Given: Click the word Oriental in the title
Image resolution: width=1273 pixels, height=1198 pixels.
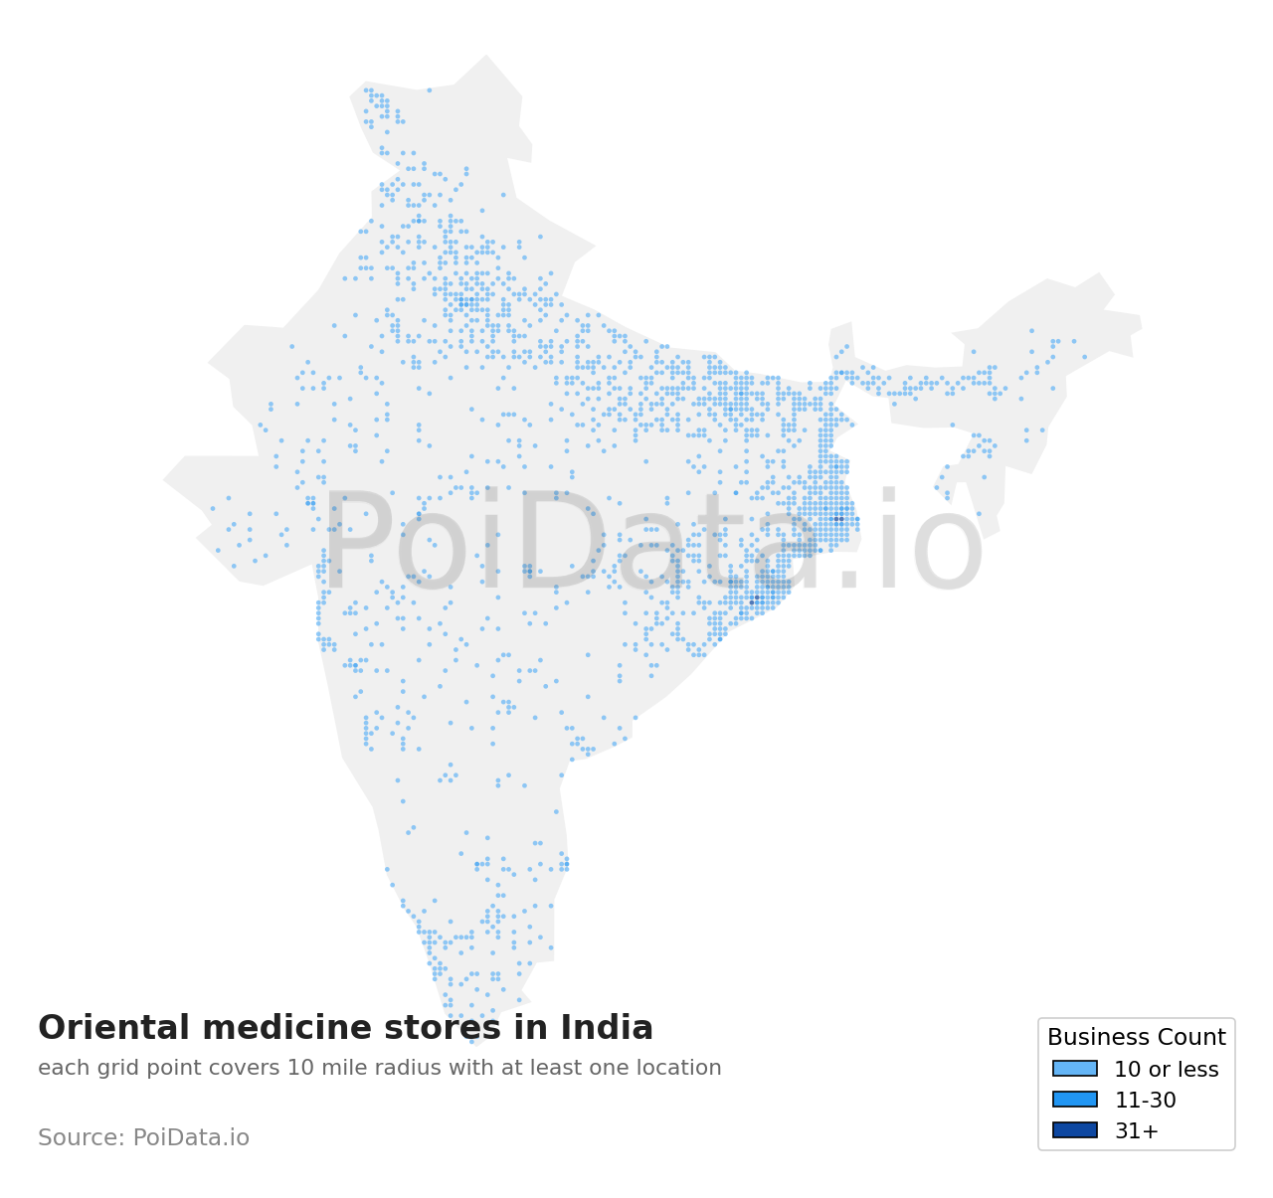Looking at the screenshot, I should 104,1028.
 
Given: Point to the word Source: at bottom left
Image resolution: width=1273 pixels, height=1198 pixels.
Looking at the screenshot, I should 82,1138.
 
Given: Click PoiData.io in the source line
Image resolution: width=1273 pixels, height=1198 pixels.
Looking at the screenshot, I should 191,1138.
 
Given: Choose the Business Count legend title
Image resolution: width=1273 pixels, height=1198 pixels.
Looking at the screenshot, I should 1136,1038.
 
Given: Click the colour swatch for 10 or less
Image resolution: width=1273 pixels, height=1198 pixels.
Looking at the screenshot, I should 1075,1069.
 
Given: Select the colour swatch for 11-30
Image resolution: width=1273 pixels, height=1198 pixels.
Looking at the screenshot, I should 1075,1100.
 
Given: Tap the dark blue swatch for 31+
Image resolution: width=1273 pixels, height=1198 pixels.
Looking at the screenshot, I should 1075,1130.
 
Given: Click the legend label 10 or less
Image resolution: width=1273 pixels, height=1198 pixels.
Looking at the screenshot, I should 1166,1070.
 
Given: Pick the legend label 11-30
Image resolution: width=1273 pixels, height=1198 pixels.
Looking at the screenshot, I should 1145,1101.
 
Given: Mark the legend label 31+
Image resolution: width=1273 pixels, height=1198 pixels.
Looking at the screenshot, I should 1136,1131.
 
